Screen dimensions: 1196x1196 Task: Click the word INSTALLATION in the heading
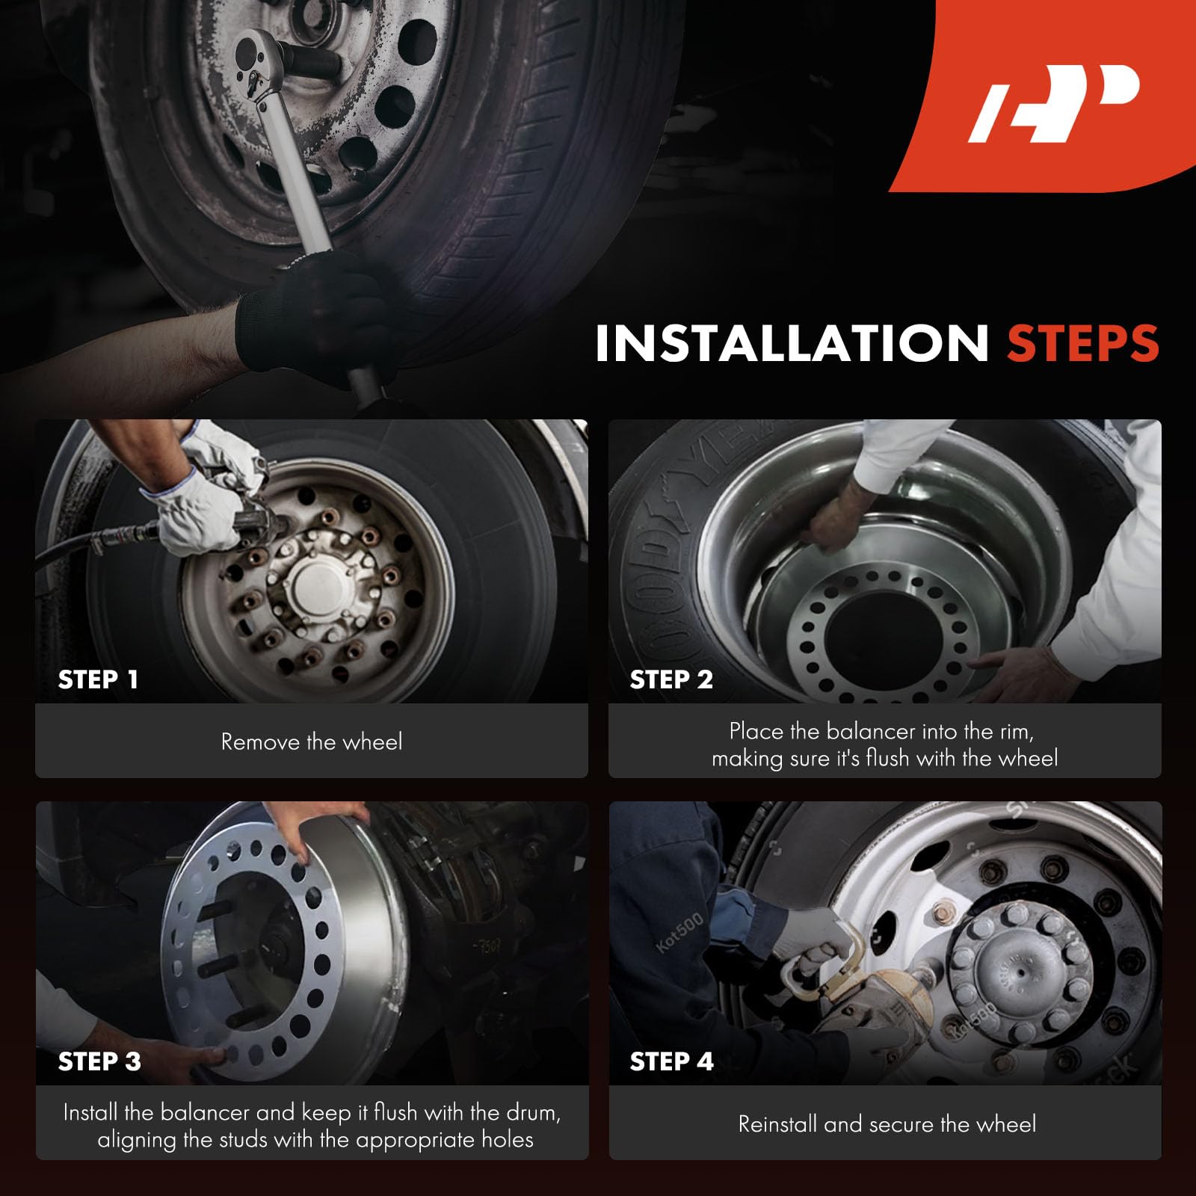[x=792, y=344]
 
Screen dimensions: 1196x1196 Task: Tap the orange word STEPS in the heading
[x=1083, y=344]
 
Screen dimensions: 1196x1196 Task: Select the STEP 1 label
[x=98, y=679]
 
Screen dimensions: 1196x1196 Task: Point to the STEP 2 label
[x=671, y=679]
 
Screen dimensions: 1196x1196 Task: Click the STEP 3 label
[x=99, y=1061]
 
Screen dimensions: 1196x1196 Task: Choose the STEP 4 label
[x=671, y=1061]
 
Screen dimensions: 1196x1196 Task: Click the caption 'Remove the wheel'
[x=312, y=742]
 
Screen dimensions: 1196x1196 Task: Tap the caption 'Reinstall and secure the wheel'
[x=887, y=1123]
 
